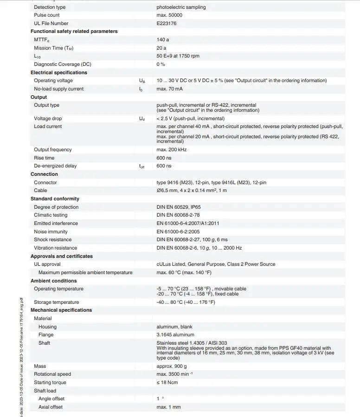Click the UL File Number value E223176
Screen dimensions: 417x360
tap(167, 23)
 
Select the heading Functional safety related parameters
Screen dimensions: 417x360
tap(74, 32)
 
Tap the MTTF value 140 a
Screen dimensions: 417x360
tap(163, 40)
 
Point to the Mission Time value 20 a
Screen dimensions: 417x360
tap(161, 48)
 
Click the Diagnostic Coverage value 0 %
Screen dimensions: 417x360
tap(161, 64)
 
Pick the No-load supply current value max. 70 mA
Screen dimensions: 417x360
tap(169, 89)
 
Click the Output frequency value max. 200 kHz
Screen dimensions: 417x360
tap(171, 149)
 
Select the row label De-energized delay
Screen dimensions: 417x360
tap(55, 166)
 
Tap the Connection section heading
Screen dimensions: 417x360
tap(44, 174)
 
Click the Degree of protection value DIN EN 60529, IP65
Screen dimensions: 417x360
tap(179, 207)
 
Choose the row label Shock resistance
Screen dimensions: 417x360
tap(52, 239)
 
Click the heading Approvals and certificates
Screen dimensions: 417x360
tap(62, 256)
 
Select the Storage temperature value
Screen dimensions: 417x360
tap(186, 302)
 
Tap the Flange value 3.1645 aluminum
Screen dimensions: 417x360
tap(175, 334)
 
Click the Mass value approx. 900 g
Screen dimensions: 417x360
tap(171, 366)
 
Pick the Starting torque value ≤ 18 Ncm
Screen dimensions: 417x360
tap(167, 382)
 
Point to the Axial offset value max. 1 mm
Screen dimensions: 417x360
tap(168, 407)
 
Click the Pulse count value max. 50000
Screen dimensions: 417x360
tap(169, 15)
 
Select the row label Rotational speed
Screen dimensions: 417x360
tap(52, 374)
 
